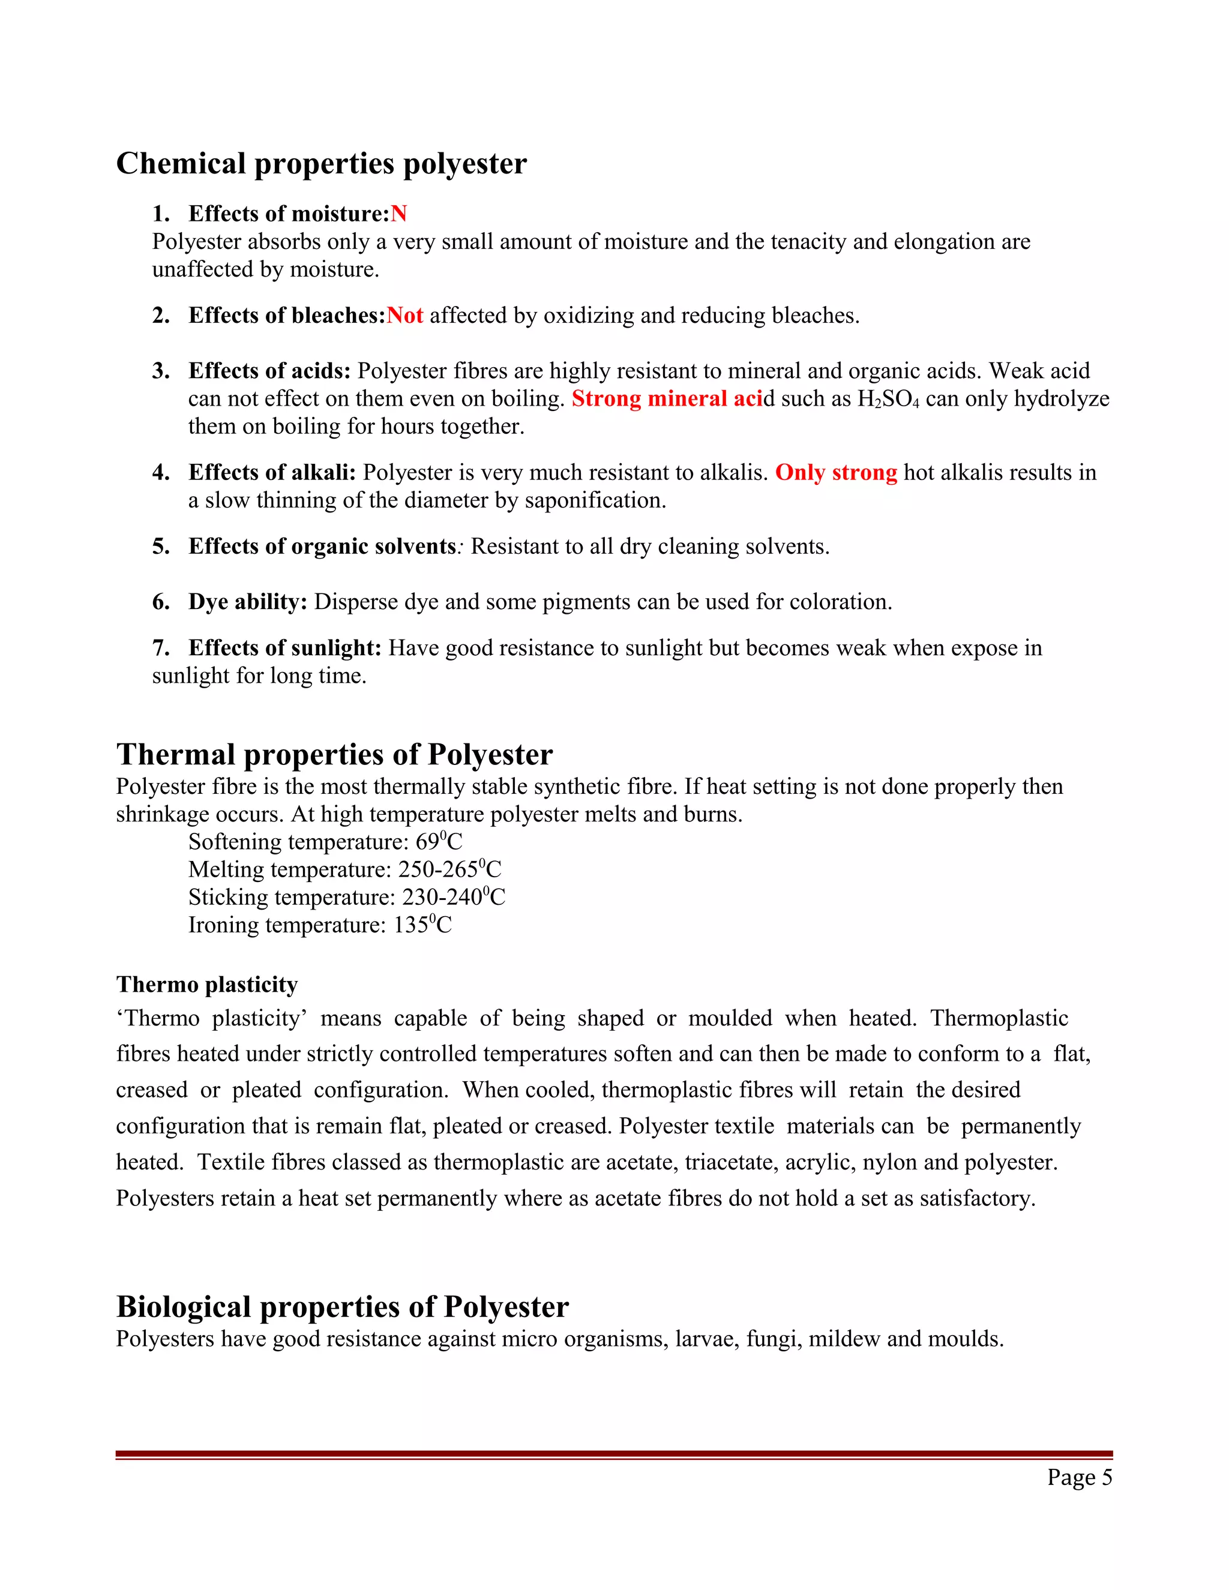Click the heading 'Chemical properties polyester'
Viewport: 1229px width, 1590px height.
[321, 163]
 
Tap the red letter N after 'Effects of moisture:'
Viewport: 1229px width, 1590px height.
[399, 214]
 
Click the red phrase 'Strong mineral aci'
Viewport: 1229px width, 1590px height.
[667, 398]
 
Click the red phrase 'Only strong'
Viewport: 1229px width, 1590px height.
[836, 472]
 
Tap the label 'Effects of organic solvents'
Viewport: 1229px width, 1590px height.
[322, 546]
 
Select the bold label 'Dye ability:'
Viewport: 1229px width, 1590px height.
[248, 601]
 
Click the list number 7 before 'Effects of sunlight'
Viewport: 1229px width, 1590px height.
[161, 648]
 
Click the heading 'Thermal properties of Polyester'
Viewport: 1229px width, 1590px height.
[334, 754]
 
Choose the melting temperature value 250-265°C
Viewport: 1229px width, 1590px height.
[449, 870]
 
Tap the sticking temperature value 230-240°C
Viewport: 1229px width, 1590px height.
[454, 898]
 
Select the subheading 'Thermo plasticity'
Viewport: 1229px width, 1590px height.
[207, 984]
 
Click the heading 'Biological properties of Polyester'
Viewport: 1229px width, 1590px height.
[342, 1307]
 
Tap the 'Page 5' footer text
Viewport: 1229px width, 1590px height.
[1080, 1477]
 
